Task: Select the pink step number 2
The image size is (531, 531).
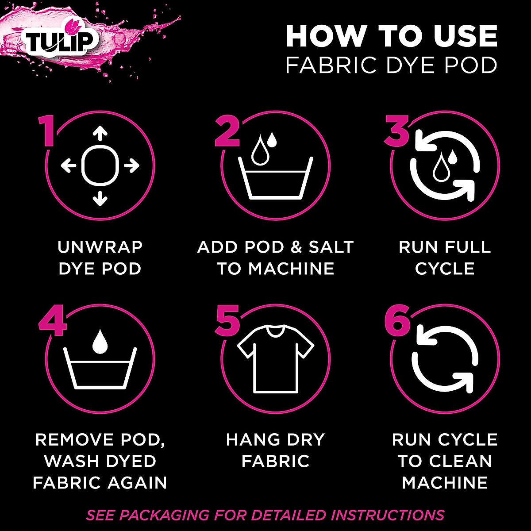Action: point(227,131)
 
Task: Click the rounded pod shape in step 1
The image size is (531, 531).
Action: point(100,166)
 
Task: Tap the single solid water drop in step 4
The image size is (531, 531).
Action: point(100,340)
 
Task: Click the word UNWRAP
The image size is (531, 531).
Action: point(100,247)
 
